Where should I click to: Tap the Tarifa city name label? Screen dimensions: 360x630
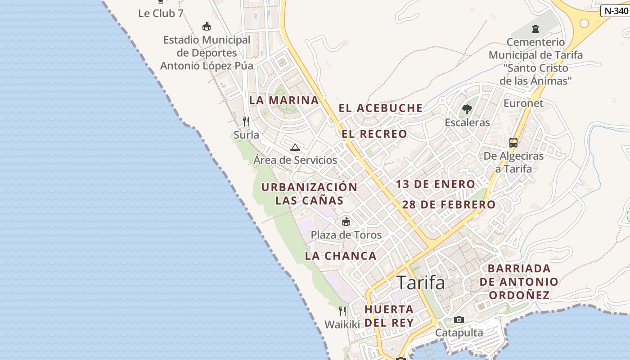[x=421, y=283]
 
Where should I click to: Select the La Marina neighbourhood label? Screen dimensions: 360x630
[x=284, y=100]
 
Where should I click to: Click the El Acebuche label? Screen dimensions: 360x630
[x=381, y=108]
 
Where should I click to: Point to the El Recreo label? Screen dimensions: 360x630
[x=374, y=134]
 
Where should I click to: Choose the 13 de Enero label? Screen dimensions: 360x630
[x=435, y=184]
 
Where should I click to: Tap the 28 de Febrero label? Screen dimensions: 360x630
[x=449, y=205]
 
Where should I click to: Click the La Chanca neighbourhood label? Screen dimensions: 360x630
[x=341, y=256]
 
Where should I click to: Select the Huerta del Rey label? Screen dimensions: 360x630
[x=389, y=316]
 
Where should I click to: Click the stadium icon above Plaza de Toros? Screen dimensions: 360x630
[x=346, y=221]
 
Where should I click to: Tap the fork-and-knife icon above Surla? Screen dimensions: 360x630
[x=246, y=121]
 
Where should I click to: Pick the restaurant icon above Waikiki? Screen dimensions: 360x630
[x=342, y=311]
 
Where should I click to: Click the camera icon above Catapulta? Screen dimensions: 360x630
[x=459, y=319]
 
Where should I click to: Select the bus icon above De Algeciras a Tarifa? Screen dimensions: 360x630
[x=513, y=143]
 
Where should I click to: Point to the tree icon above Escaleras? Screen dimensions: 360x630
[x=467, y=109]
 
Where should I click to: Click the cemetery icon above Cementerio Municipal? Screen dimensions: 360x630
[x=535, y=29]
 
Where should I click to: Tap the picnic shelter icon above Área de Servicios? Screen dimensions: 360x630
[x=295, y=147]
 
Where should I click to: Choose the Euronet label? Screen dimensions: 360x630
[x=523, y=103]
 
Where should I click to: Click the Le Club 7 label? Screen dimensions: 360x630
[x=161, y=13]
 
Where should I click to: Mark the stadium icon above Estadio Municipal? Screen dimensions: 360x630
[x=207, y=27]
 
